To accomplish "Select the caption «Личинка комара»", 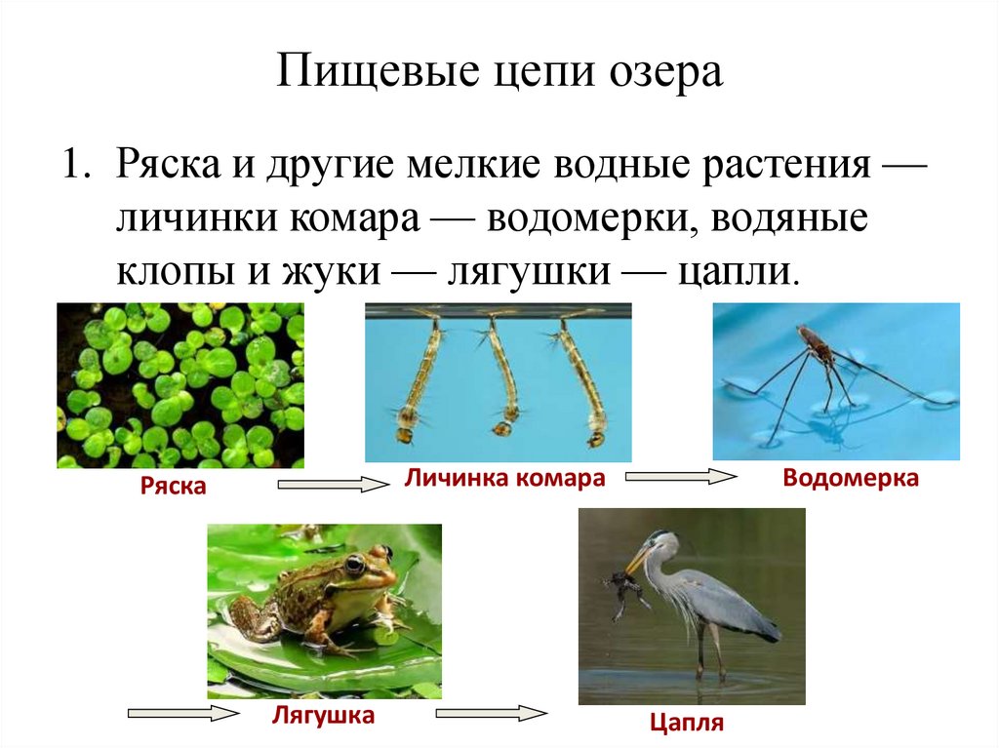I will (501, 479).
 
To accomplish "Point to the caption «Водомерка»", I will (850, 479).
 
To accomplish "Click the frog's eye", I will (355, 566).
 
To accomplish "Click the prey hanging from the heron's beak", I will (620, 589).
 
